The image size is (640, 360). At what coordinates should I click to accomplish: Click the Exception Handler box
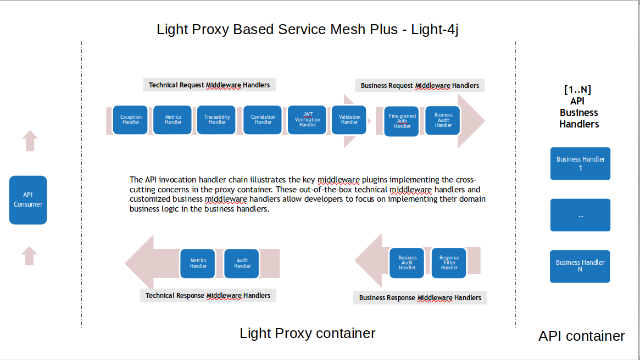click(131, 120)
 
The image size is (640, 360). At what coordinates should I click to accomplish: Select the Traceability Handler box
click(217, 120)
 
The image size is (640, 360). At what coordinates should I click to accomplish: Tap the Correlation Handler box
click(263, 120)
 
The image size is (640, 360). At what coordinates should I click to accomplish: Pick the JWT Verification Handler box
click(307, 120)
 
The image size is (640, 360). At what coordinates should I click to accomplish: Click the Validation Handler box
click(349, 120)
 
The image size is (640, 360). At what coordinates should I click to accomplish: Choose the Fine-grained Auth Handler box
click(402, 121)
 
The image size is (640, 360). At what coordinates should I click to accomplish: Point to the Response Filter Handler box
click(449, 263)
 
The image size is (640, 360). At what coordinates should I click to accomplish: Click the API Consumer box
click(28, 200)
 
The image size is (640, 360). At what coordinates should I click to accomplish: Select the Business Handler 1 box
click(580, 164)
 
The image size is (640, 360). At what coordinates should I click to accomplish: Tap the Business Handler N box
click(580, 267)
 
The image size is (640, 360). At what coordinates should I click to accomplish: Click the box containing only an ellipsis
click(580, 215)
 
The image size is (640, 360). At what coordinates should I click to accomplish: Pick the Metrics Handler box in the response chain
click(198, 263)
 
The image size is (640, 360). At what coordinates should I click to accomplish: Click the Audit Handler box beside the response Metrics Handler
click(242, 263)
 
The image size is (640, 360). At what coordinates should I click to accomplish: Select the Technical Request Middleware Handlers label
click(209, 85)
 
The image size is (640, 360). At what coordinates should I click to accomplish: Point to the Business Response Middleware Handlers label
click(420, 297)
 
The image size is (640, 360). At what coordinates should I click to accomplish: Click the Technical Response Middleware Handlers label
click(208, 295)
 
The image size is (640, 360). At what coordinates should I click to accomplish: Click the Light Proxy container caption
click(308, 333)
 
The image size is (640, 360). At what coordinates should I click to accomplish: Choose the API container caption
click(581, 336)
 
